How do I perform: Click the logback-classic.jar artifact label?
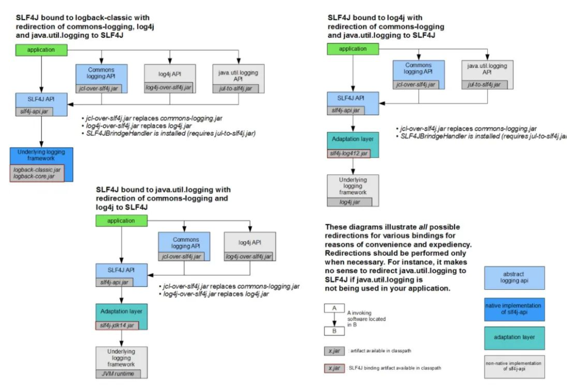pyautogui.click(x=37, y=170)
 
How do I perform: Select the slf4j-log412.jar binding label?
pyautogui.click(x=349, y=154)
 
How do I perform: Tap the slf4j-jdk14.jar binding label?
pyautogui.click(x=117, y=326)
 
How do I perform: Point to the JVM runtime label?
pyautogui.click(x=118, y=373)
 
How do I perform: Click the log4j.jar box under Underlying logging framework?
pyautogui.click(x=349, y=202)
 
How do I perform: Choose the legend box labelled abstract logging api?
pyautogui.click(x=514, y=278)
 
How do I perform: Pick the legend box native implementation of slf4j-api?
pyautogui.click(x=514, y=309)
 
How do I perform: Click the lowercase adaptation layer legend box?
pyautogui.click(x=514, y=338)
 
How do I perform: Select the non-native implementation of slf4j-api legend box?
pyautogui.click(x=514, y=366)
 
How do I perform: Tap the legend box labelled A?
pyautogui.click(x=334, y=308)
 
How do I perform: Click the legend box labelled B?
pyautogui.click(x=334, y=331)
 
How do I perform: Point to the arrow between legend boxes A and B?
pyautogui.click(x=334, y=320)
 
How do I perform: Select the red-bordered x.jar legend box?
pyautogui.click(x=334, y=369)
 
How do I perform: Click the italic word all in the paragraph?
pyautogui.click(x=423, y=227)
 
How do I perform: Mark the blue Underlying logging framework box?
pyautogui.click(x=41, y=165)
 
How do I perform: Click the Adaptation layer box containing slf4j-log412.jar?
pyautogui.click(x=353, y=145)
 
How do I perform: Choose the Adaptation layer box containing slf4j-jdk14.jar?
pyautogui.click(x=121, y=317)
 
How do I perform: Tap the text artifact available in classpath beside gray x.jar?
pyautogui.click(x=381, y=351)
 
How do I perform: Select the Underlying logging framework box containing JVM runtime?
pyautogui.click(x=121, y=362)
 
